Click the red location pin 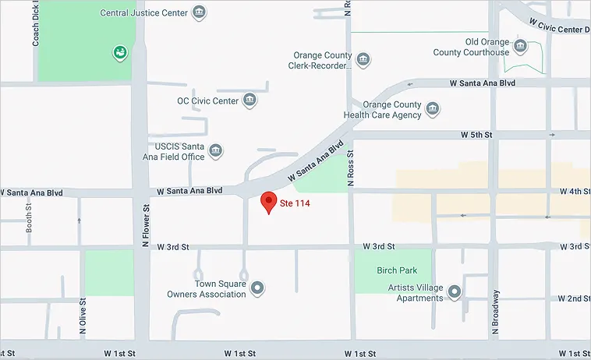(x=268, y=201)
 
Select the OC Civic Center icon (x=249, y=100)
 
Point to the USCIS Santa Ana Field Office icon (x=216, y=150)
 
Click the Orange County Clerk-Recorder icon (x=363, y=60)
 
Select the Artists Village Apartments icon (x=455, y=292)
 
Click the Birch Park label (x=396, y=270)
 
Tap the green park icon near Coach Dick (x=119, y=53)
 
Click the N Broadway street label (x=494, y=312)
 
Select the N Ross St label (x=350, y=169)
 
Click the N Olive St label (x=83, y=316)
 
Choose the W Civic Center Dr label (x=558, y=27)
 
